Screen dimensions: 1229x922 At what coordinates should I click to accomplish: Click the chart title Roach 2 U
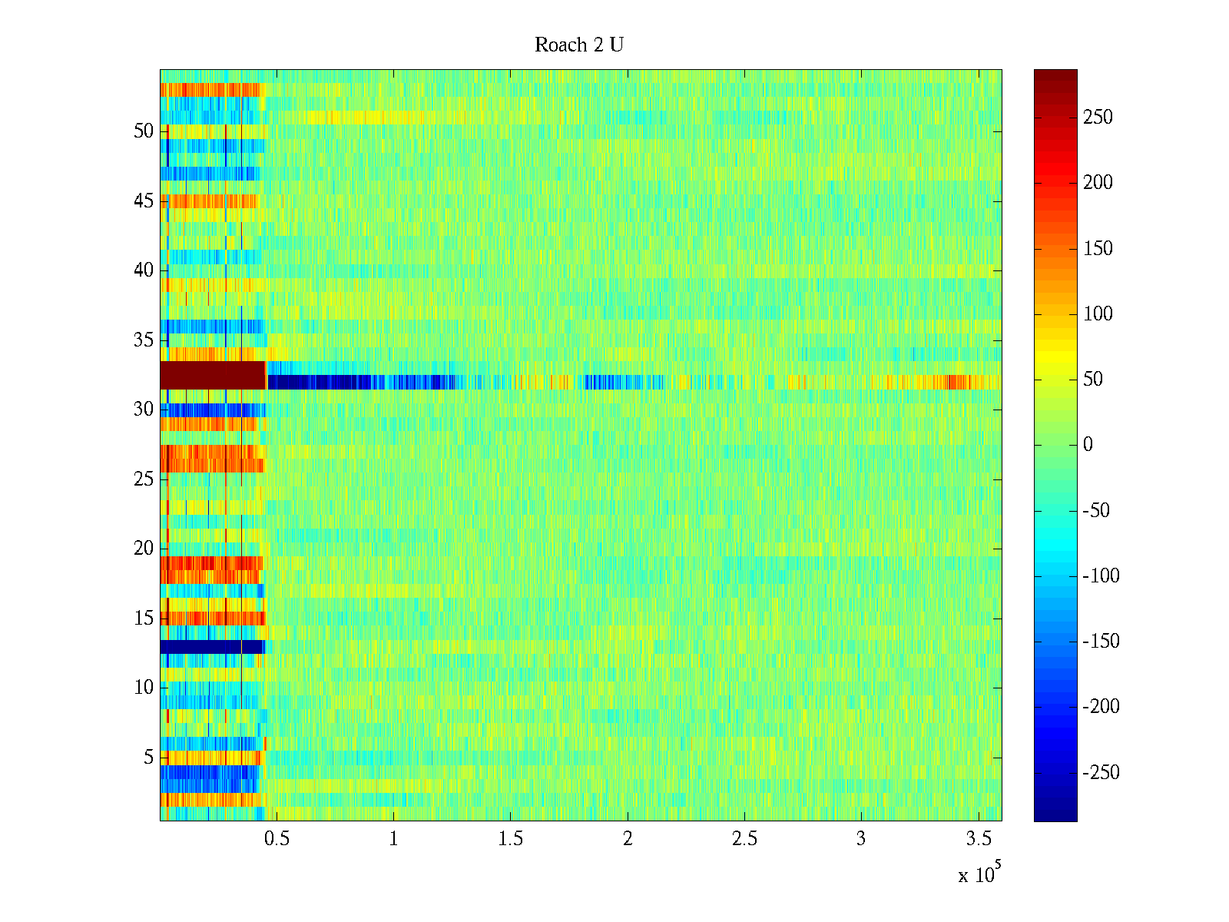[x=579, y=45]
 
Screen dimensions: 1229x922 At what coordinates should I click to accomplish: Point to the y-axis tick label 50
[x=144, y=131]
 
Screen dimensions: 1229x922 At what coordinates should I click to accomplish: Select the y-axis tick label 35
[x=144, y=340]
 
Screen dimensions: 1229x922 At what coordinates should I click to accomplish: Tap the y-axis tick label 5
[x=148, y=757]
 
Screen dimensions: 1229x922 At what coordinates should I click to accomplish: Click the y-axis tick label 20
[x=144, y=548]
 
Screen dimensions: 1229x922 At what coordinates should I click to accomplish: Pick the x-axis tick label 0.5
[x=277, y=838]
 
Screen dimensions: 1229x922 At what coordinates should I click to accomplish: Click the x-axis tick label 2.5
[x=744, y=838]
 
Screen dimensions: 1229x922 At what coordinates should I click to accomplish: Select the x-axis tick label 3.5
[x=979, y=838]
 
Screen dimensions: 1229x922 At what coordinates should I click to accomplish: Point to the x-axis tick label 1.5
[x=510, y=838]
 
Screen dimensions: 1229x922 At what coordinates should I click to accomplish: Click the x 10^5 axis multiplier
[x=979, y=872]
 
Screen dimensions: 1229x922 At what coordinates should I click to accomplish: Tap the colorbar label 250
[x=1098, y=117]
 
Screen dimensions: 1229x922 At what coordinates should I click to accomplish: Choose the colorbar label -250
[x=1101, y=772]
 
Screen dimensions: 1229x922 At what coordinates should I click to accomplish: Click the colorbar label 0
[x=1088, y=445]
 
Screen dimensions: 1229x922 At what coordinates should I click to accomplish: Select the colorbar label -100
[x=1101, y=575]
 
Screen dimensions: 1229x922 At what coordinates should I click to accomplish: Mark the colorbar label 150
[x=1098, y=248]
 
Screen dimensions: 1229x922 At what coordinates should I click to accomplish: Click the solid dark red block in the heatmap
[x=213, y=375]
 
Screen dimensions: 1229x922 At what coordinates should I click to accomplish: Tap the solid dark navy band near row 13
[x=212, y=647]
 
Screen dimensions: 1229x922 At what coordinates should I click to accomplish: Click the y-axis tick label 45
[x=144, y=201]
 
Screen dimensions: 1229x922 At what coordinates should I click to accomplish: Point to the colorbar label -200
[x=1101, y=706]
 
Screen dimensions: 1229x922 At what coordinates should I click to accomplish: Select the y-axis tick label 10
[x=144, y=687]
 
